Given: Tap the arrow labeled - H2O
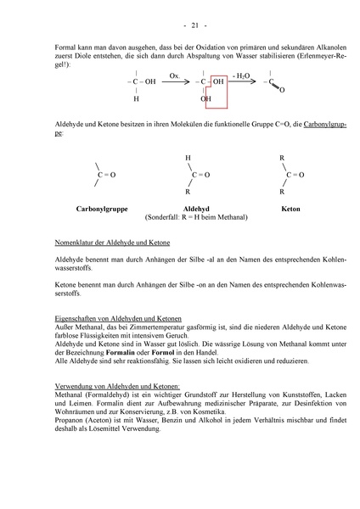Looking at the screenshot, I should [x=241, y=81].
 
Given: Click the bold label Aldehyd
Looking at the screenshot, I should [x=195, y=208].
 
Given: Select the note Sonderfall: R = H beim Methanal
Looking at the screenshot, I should [x=196, y=217].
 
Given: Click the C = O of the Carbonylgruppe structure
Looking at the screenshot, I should [x=106, y=175].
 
